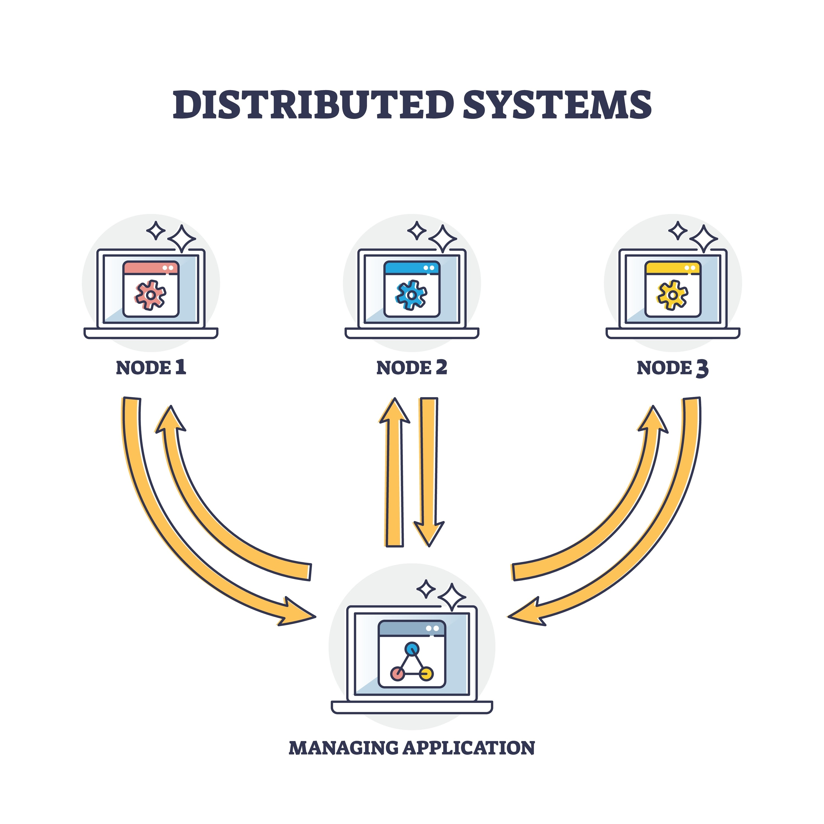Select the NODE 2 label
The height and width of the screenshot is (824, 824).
pos(411,368)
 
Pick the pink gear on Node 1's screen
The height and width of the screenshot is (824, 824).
pos(151,295)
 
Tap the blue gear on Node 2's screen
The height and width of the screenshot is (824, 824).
pos(411,295)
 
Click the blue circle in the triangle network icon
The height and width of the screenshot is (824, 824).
pos(412,649)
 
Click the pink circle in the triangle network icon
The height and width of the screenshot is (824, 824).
pos(397,674)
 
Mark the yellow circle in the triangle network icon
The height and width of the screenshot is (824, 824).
pos(427,674)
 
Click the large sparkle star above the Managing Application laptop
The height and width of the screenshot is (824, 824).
pos(452,597)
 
